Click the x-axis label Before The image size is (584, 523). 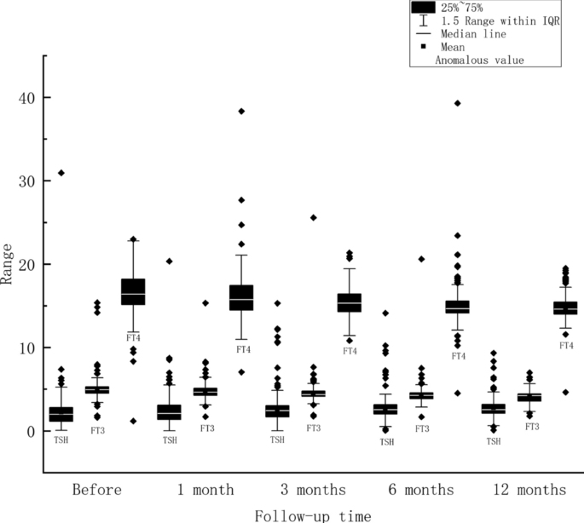(97, 490)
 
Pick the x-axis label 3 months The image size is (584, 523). (314, 490)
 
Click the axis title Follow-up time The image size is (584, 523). (313, 514)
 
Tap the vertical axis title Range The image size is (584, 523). (8, 264)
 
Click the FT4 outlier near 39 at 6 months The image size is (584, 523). (458, 103)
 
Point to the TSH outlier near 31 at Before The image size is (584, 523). (61, 173)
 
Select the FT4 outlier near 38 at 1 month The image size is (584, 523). (241, 112)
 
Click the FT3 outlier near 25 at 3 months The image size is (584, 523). (314, 217)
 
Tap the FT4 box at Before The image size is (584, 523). (133, 291)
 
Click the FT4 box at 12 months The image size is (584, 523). (565, 307)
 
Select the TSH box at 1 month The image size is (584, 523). (170, 412)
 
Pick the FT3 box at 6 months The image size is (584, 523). (422, 395)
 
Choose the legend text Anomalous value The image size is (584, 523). (479, 60)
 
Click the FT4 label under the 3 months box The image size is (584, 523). (350, 351)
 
